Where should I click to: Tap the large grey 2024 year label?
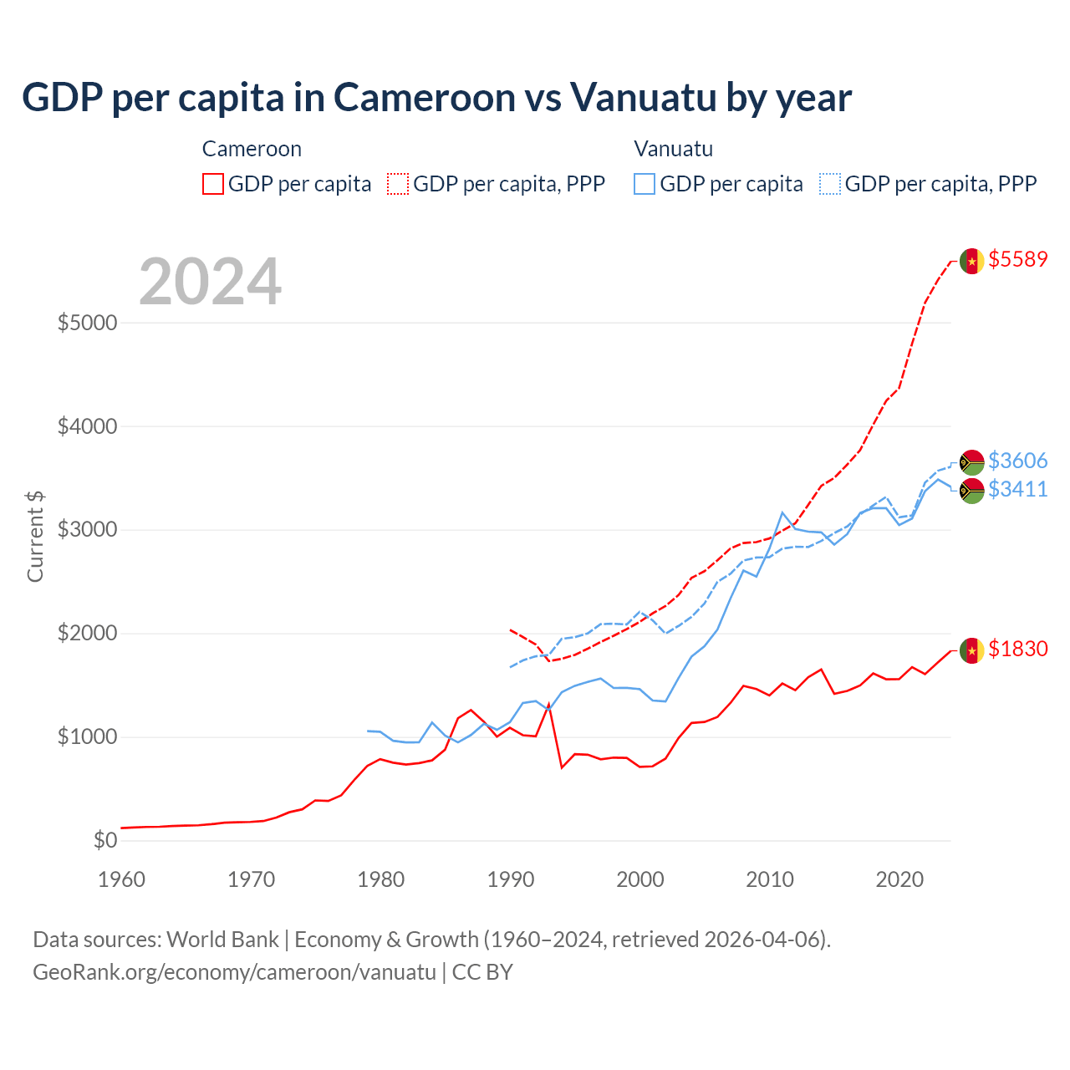(210, 283)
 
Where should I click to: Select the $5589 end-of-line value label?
(1017, 259)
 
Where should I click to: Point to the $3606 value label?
(1017, 461)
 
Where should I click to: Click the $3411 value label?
(1017, 489)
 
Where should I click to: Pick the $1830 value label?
(1017, 649)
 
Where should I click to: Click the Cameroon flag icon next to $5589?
(971, 261)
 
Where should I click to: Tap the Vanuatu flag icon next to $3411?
(971, 491)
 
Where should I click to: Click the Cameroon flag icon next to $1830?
(971, 650)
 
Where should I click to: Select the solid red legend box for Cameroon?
(213, 184)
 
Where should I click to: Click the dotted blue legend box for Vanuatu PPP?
(830, 184)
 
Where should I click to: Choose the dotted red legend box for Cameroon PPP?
(398, 184)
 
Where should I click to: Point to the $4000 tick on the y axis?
(87, 426)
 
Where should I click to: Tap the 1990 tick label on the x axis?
(511, 879)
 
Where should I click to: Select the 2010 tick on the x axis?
(770, 879)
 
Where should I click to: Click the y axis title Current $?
(35, 536)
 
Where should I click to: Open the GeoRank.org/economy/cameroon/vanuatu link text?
(234, 972)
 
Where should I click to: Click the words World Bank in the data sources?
(222, 940)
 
